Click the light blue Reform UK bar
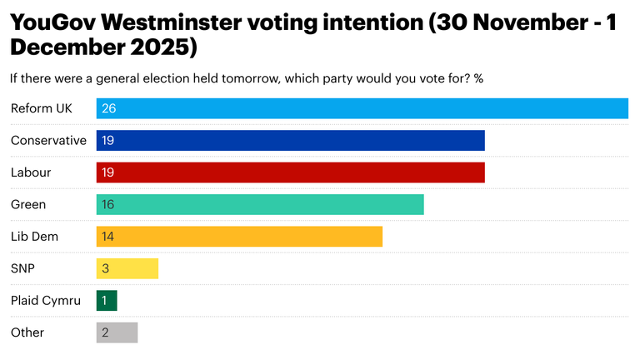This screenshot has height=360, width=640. coord(362,108)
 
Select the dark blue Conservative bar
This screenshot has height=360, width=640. coord(291,141)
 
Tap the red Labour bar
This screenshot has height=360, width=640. coord(291,172)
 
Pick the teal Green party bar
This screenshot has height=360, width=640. coord(260,204)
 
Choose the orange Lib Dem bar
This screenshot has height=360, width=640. coord(239,237)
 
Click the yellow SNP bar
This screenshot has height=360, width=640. coord(127,268)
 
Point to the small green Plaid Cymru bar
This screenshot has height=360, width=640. coord(107,300)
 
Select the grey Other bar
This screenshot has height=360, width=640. coord(117,332)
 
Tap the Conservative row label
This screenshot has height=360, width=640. coord(48,141)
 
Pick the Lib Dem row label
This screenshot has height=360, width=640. coord(34,237)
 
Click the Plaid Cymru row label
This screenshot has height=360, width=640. coord(46,301)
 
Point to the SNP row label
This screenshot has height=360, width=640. coord(22,268)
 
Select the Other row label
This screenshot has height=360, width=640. coord(27,332)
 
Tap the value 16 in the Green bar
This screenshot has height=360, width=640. coord(107,204)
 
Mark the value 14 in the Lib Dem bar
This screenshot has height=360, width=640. coord(107,237)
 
